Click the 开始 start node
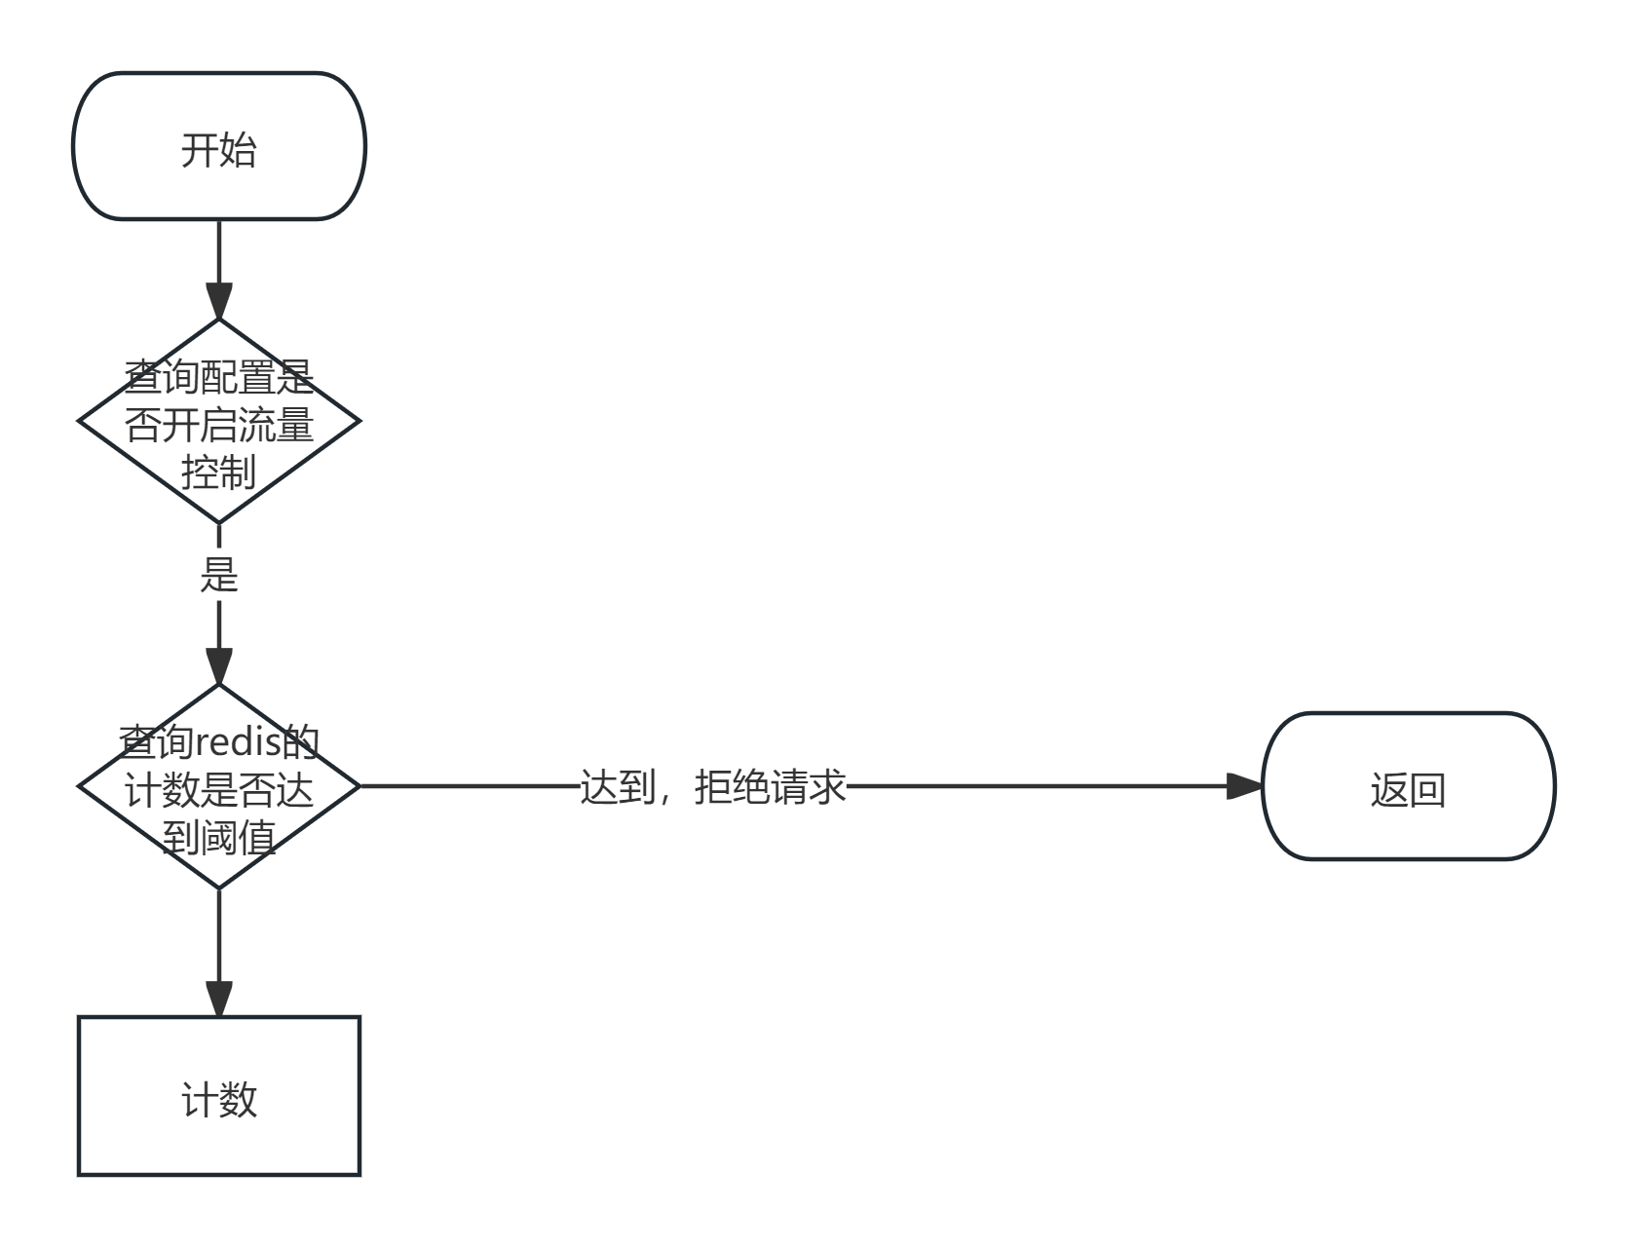(x=219, y=146)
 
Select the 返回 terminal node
(x=1408, y=787)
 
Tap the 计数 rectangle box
(x=219, y=1096)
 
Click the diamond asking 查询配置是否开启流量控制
(x=219, y=421)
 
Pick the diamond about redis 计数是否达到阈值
(x=219, y=787)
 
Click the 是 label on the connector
(x=219, y=574)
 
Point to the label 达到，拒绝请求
(x=712, y=786)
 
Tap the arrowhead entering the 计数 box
(x=219, y=998)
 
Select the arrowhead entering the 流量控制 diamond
(x=219, y=302)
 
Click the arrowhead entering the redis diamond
(x=219, y=667)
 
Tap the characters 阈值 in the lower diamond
(x=238, y=837)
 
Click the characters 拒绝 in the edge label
(x=732, y=786)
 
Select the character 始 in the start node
(x=239, y=150)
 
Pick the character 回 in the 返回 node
(x=1427, y=790)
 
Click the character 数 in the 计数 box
(x=239, y=1100)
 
